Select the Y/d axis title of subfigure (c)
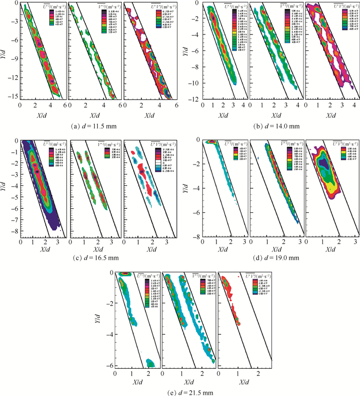click(x=5, y=188)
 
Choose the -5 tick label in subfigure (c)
click(x=14, y=200)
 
